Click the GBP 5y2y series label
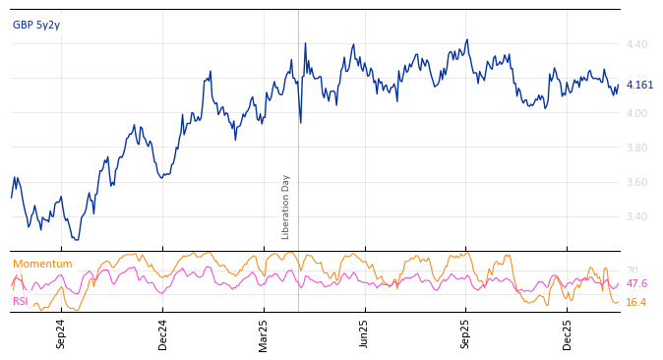pos(36,25)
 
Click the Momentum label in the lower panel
pos(42,264)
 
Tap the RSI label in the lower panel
pos(21,301)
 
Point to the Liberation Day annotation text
pos(285,207)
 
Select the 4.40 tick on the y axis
pos(636,44)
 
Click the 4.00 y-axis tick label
pos(636,113)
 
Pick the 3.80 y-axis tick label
pos(636,148)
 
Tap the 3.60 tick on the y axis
pos(636,182)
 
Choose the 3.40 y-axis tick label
pos(636,216)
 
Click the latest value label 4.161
pos(639,85)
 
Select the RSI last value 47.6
pos(636,283)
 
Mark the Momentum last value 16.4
pos(636,302)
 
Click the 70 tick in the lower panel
pos(632,270)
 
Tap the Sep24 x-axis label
pos(61,334)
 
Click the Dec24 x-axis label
pos(163,334)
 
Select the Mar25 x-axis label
pos(264,334)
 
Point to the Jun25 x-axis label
pos(364,334)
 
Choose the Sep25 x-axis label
pos(465,334)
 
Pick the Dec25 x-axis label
pos(568,334)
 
